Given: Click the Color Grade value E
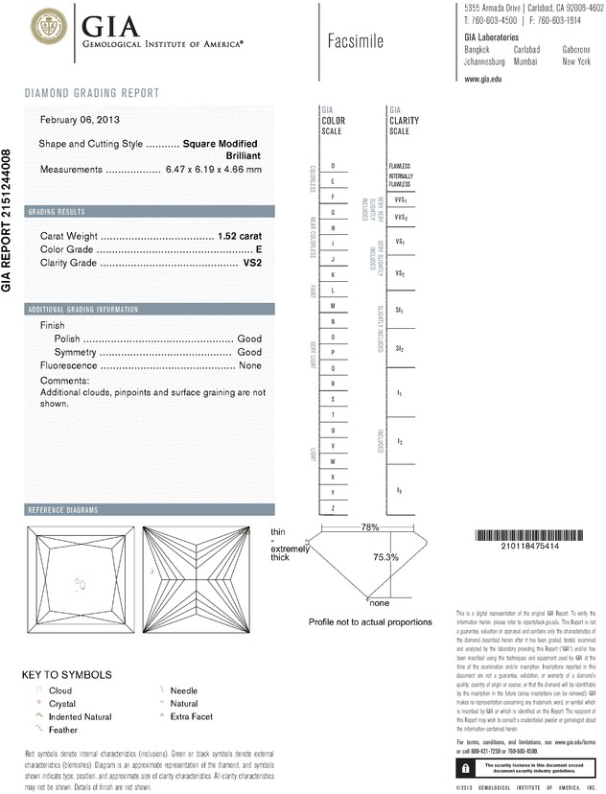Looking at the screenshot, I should pos(258,248).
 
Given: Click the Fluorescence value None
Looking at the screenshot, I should pos(250,366).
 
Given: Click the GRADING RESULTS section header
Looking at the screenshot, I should pos(57,211).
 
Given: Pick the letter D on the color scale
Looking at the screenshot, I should pos(333,166).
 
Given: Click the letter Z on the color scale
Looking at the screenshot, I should pos(333,507).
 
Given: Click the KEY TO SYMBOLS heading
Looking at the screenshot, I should pos(67,674).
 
